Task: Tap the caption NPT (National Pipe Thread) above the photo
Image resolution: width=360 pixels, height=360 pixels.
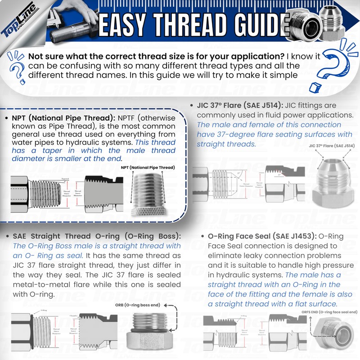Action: pos(148,167)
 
